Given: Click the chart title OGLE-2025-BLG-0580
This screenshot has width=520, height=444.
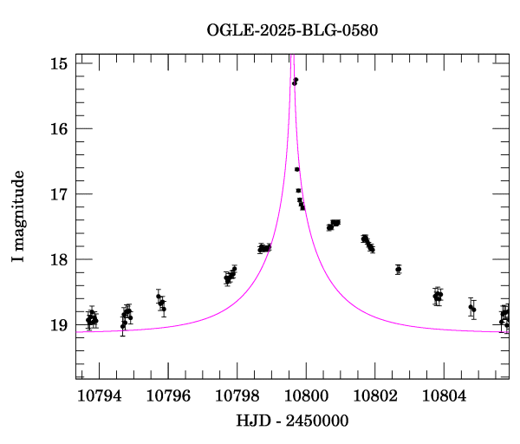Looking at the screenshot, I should click(292, 29).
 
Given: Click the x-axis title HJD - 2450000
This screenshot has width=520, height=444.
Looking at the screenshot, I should click(292, 421).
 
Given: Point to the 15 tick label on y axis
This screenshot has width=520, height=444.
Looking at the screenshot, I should click(60, 63).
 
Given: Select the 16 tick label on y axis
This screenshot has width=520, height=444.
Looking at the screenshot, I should click(60, 128).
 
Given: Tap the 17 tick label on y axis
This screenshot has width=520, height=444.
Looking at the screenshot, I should click(60, 194).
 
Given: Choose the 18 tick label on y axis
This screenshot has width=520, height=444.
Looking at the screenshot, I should click(60, 259).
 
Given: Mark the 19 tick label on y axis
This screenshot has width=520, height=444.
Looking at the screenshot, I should click(60, 325).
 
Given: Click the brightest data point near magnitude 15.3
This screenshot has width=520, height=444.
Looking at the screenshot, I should click(296, 81).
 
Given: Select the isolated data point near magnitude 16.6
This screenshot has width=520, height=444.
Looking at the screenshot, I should click(297, 169).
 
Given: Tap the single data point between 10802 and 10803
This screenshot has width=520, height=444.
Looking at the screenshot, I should click(398, 270).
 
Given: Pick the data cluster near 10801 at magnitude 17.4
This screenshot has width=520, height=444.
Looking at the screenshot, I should click(335, 224).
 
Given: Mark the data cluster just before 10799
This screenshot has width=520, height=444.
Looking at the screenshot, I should click(264, 248).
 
